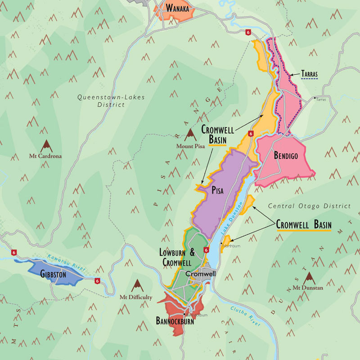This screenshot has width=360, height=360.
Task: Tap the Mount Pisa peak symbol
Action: tap(189, 134)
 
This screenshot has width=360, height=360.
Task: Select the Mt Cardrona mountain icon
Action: tap(45, 146)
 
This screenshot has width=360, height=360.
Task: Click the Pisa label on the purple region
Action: tap(217, 191)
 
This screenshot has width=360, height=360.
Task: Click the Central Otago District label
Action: tap(309, 206)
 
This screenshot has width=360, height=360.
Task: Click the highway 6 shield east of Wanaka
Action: tap(248, 32)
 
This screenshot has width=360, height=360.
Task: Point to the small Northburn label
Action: tap(232, 246)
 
